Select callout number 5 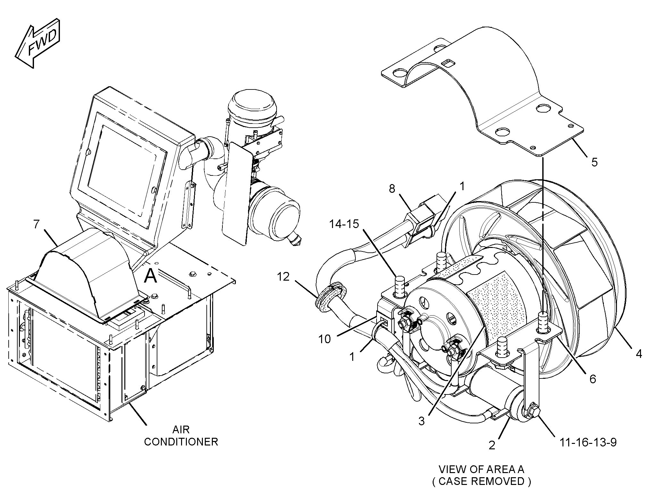point(594,162)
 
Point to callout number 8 point(392,189)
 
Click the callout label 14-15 point(345,224)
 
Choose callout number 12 point(283,276)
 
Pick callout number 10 point(325,339)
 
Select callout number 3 point(421,421)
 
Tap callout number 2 point(492,445)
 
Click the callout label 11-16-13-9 point(588,442)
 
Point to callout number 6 point(593,379)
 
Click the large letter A point(150,276)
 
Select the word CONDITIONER point(181,442)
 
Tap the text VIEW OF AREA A point(481,470)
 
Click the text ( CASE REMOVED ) point(481,481)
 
